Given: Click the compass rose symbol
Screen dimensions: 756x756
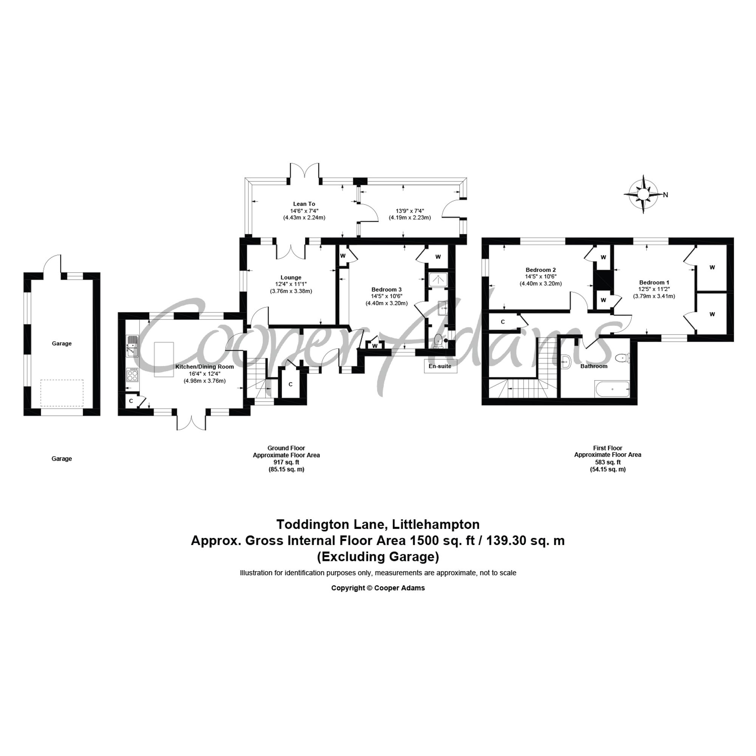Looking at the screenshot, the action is [x=643, y=194].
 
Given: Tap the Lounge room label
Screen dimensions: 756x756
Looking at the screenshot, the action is [x=291, y=277].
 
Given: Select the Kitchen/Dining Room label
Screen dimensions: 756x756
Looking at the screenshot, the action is [x=204, y=367].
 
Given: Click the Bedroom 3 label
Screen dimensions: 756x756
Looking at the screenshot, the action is [x=387, y=289].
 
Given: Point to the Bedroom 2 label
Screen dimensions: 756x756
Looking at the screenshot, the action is [x=541, y=270].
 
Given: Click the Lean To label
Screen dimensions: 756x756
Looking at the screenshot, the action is [x=304, y=203].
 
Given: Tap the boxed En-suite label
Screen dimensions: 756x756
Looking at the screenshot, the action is [x=440, y=366].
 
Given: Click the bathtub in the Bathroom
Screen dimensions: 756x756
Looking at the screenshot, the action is [x=612, y=389].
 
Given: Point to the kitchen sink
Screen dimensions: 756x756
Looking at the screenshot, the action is [x=132, y=346].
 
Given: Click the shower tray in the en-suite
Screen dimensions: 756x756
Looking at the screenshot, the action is [x=438, y=280].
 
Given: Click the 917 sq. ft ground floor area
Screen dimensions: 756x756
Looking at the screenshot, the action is [x=286, y=462].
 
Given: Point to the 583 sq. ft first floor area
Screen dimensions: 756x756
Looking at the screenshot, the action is [x=607, y=462].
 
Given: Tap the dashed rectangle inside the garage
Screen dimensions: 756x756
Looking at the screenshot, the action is [x=62, y=393].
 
